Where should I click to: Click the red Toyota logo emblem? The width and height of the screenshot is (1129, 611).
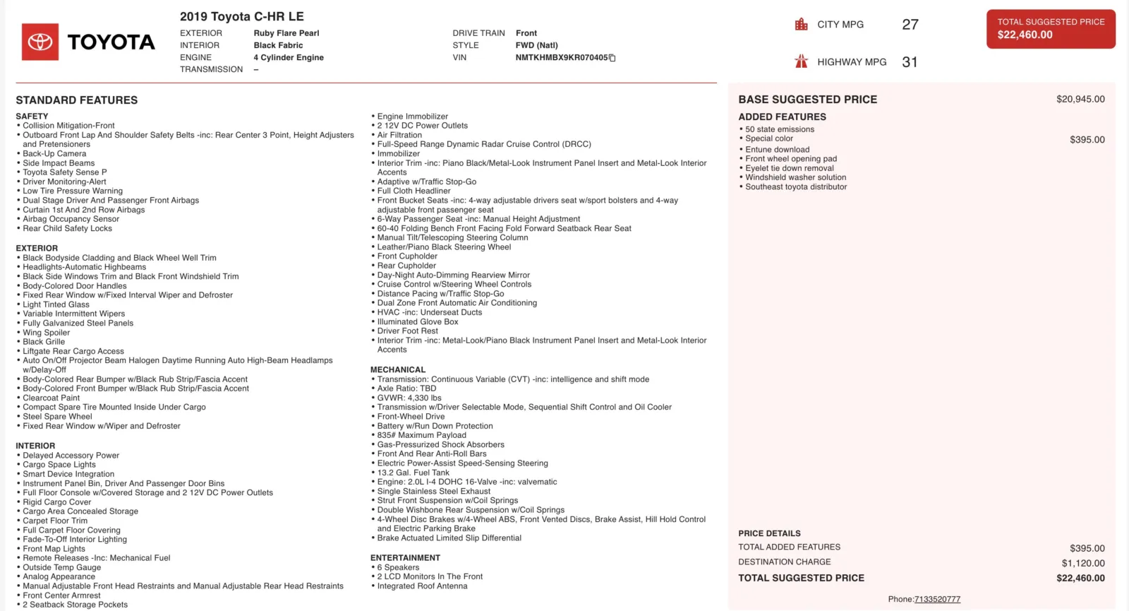point(40,42)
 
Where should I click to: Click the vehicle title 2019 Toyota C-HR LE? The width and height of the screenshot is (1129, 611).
point(241,16)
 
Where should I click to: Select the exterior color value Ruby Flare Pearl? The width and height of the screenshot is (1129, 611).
point(286,33)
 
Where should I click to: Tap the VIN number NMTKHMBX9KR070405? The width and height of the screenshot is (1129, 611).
point(561,58)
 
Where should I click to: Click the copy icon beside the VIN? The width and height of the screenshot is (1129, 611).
point(612,58)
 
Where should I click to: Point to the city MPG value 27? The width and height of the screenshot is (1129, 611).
point(910,25)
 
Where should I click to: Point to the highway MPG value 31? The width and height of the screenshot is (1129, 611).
point(910,62)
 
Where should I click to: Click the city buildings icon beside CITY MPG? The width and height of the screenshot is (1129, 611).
point(801,25)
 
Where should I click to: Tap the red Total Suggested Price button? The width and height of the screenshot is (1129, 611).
point(1051,29)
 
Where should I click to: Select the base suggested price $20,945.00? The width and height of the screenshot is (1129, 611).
point(1080,100)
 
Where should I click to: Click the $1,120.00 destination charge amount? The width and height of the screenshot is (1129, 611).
point(1083,563)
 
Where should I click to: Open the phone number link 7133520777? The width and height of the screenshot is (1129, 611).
point(937,599)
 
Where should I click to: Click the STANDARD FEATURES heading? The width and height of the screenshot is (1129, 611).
point(77,100)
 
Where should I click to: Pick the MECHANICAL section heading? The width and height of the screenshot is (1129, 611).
point(398,369)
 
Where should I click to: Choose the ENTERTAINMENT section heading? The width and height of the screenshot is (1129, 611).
point(405,558)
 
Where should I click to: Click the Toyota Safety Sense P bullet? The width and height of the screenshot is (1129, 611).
point(65,172)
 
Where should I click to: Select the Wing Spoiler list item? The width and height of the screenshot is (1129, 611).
point(47,333)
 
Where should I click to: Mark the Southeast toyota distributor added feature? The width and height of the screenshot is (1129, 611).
point(796,187)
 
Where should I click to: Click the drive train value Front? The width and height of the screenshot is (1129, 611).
point(526,33)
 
